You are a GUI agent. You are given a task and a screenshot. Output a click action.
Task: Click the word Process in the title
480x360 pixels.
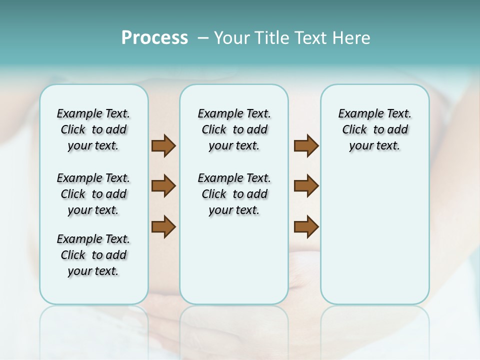coord(154,38)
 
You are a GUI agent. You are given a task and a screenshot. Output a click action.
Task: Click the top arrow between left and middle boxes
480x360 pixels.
coord(163,145)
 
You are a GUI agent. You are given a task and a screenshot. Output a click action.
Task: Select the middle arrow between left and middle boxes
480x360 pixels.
coord(163,186)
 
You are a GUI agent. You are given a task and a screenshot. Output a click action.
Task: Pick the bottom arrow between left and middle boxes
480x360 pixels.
coord(163,226)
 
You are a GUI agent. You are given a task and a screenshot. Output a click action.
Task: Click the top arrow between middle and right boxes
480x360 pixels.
coord(306,145)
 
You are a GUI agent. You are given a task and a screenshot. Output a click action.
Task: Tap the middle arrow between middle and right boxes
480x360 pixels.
coord(306,186)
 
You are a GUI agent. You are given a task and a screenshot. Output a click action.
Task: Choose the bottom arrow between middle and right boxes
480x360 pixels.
coord(306,226)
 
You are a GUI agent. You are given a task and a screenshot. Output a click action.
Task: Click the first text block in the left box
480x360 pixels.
coord(93,129)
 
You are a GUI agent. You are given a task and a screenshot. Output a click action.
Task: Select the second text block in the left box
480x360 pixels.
coord(93,194)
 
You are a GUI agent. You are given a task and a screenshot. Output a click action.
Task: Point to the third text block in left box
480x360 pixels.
coord(93,255)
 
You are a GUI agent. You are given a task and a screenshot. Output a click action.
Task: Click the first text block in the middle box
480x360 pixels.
coord(234,129)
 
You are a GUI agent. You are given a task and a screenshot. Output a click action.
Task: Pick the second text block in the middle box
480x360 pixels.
coord(234,194)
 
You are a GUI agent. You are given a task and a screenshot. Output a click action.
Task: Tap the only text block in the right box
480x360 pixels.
coord(374,129)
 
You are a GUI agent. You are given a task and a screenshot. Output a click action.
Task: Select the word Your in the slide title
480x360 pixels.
coord(232,38)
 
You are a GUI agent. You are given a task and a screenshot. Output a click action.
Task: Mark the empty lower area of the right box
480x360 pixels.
coord(374,235)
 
